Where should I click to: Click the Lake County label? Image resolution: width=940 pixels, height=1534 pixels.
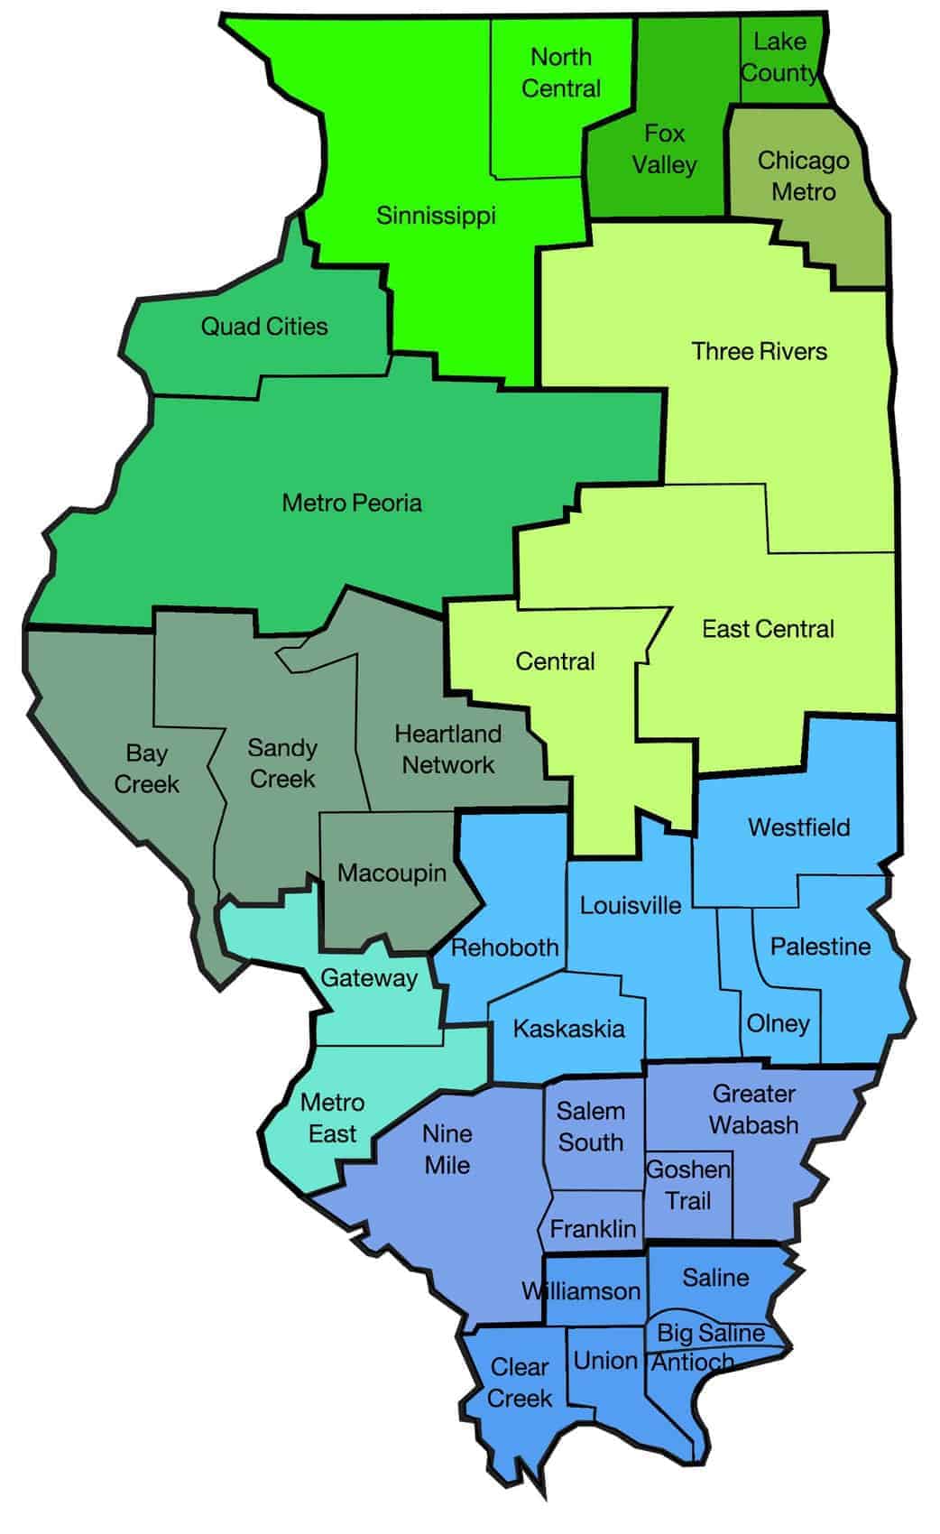(x=779, y=57)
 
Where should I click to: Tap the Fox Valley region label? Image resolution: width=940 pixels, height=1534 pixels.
(x=664, y=150)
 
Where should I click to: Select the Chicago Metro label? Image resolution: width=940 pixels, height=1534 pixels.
(x=803, y=176)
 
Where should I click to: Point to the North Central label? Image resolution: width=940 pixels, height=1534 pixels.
(x=561, y=73)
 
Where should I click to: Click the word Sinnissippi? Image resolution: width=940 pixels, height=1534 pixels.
(x=436, y=217)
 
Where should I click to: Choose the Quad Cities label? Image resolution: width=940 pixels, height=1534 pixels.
(x=264, y=327)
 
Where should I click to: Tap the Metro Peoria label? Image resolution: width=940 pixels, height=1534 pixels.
(x=352, y=503)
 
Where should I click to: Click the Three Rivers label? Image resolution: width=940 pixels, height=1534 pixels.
(x=759, y=352)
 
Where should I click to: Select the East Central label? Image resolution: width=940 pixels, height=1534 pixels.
(x=768, y=629)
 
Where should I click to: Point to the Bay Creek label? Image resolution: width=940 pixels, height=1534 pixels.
(x=146, y=769)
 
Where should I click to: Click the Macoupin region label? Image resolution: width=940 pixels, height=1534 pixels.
(x=392, y=873)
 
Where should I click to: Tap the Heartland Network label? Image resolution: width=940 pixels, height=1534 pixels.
(x=448, y=749)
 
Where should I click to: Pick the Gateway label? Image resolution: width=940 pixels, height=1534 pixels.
(x=369, y=978)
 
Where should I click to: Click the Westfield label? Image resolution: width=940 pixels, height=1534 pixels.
(x=798, y=827)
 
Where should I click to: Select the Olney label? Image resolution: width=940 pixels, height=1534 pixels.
(x=778, y=1024)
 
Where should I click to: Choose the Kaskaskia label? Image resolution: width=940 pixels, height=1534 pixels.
(x=568, y=1029)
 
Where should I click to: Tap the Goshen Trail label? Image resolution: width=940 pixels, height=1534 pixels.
(x=688, y=1186)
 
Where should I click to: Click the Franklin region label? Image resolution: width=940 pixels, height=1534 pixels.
(x=593, y=1229)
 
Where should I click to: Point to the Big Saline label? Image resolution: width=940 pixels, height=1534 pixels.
(x=710, y=1333)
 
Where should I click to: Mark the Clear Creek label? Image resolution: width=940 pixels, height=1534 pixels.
(x=520, y=1382)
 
